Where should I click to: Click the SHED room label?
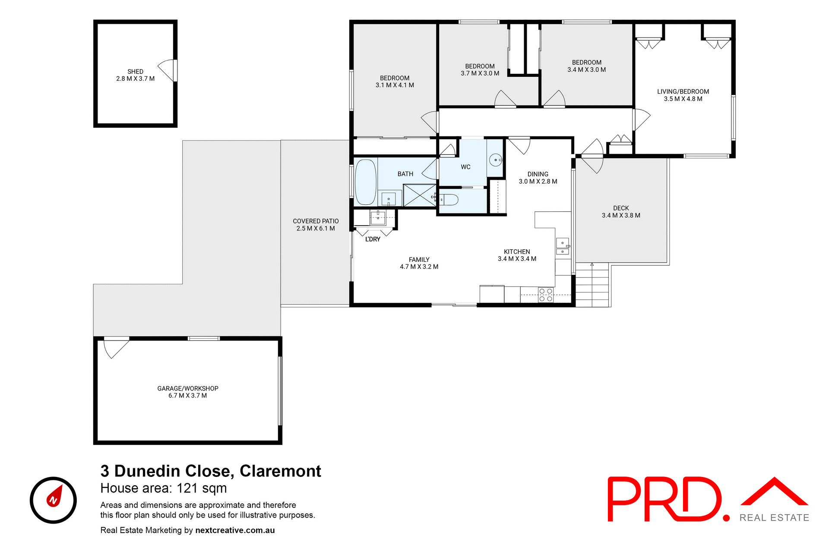pyautogui.click(x=135, y=72)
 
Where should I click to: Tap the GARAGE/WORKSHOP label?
pyautogui.click(x=188, y=388)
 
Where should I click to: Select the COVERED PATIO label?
pyautogui.click(x=316, y=221)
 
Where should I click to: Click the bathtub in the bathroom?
pyautogui.click(x=365, y=182)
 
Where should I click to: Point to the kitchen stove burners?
pyautogui.click(x=546, y=295)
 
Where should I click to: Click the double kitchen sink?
pyautogui.click(x=562, y=247)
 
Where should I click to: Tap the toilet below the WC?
pyautogui.click(x=447, y=200)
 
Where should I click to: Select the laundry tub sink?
pyautogui.click(x=378, y=217)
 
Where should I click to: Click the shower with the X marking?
pyautogui.click(x=419, y=195)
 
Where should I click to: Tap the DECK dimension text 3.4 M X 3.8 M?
pyautogui.click(x=621, y=216)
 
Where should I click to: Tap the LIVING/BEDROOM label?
pyautogui.click(x=683, y=92)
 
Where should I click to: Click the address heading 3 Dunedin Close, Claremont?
pyautogui.click(x=211, y=471)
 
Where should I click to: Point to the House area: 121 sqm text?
pyautogui.click(x=164, y=488)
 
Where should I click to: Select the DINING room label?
pyautogui.click(x=538, y=174)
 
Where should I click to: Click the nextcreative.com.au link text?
pyautogui.click(x=235, y=530)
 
